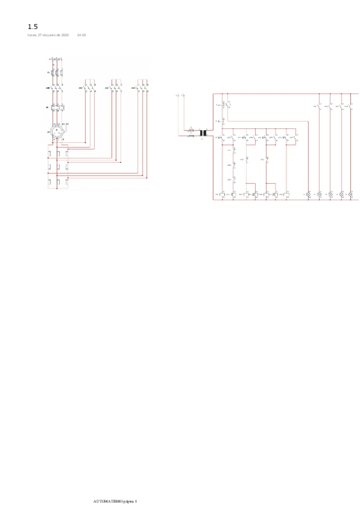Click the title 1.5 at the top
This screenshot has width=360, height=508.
32,26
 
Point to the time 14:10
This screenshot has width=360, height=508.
81,35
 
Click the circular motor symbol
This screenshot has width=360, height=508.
58,131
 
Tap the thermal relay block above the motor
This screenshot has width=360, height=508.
58,107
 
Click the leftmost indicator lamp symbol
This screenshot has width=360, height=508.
308,195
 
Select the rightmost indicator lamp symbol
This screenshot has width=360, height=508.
352,195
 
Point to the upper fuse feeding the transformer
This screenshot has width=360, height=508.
191,129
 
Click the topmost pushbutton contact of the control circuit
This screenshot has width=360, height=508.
223,105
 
